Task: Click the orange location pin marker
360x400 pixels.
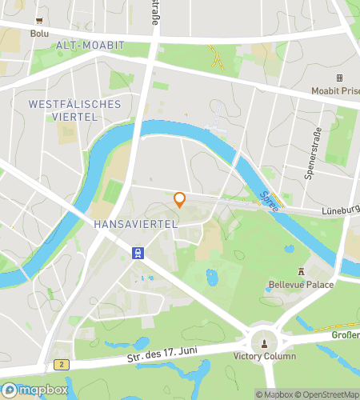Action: (180, 199)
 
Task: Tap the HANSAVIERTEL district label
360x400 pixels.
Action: (135, 225)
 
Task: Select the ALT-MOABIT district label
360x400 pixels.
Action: (89, 46)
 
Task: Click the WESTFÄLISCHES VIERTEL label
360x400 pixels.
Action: (74, 110)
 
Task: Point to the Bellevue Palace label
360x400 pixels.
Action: (302, 285)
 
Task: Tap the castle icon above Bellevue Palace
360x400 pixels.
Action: (302, 272)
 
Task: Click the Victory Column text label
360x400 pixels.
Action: (265, 357)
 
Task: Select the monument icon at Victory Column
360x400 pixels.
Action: (264, 343)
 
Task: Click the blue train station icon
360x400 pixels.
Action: (138, 254)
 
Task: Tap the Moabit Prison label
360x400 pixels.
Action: (334, 90)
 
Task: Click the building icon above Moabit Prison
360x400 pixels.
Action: (339, 78)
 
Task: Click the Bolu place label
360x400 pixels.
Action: (39, 34)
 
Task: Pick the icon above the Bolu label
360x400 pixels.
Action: (39, 22)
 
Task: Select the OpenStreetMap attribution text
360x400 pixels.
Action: (330, 394)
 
